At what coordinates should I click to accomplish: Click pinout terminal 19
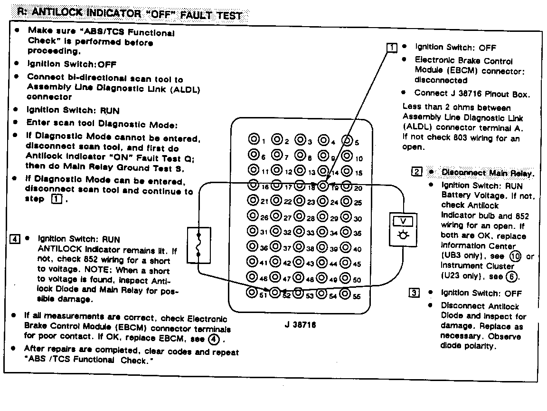pyautogui.click(x=323, y=186)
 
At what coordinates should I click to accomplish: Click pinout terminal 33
pyautogui.click(x=300, y=232)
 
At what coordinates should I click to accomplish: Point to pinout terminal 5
pyautogui.click(x=347, y=140)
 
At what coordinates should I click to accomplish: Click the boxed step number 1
pyautogui.click(x=392, y=48)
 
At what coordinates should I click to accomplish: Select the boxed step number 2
pyautogui.click(x=416, y=172)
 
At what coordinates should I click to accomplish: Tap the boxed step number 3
pyautogui.click(x=414, y=293)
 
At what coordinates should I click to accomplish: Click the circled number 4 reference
pyautogui.click(x=213, y=339)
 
